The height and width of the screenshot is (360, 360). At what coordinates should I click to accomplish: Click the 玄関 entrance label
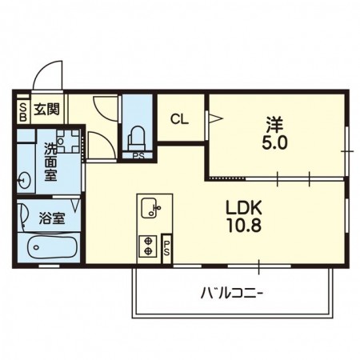46,109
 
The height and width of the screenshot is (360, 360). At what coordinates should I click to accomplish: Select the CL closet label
179,119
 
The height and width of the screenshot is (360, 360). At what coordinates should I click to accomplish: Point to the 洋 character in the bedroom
275,125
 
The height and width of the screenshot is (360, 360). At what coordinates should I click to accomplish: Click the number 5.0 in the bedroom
275,143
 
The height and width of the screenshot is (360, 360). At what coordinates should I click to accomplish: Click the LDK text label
244,208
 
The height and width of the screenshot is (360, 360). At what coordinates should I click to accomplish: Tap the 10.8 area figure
244,226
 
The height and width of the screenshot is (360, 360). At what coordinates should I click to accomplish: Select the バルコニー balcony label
232,294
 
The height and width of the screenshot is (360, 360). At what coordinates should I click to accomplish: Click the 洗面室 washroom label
50,161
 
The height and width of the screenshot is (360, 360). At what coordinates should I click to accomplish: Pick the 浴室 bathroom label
52,218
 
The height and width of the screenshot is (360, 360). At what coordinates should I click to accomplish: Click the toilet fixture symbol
138,138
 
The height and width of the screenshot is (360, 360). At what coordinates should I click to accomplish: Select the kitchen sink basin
150,208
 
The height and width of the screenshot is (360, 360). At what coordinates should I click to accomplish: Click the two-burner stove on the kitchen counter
147,246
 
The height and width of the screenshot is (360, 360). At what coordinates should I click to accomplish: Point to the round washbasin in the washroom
24,181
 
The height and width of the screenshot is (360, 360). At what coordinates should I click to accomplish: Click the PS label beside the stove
166,248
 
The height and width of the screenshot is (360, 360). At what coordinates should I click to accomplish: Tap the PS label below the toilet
138,156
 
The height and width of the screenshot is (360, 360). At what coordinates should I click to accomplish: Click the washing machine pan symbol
68,142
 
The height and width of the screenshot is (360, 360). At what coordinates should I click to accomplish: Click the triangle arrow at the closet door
215,118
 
